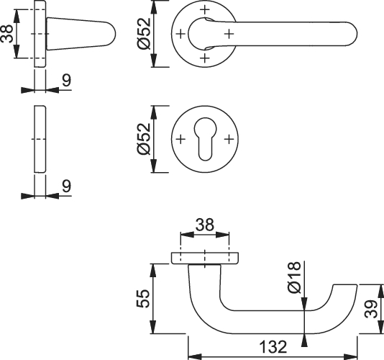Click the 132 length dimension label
273,347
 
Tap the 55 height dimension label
143,299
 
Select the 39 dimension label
371,309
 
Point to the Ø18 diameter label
294,277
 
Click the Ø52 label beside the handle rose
144,33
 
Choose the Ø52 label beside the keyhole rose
144,139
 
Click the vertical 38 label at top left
6,34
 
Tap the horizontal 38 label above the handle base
205,225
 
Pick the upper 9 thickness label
66,80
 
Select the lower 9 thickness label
66,186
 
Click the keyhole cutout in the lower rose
205,139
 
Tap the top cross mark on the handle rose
205,9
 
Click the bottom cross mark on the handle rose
205,58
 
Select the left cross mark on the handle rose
180,34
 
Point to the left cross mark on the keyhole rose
180,139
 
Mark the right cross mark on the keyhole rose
229,139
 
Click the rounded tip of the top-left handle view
112,34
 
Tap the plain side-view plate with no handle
40,139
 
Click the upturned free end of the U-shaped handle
345,289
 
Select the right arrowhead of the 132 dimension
351,356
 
